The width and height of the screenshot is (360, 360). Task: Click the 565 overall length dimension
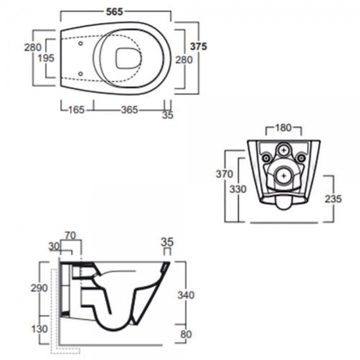pyautogui.click(x=115, y=12)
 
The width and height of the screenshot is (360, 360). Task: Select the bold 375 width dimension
pyautogui.click(x=199, y=47)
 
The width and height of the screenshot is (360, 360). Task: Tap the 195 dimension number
pyautogui.click(x=46, y=58)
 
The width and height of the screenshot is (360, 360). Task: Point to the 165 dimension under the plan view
pyautogui.click(x=76, y=110)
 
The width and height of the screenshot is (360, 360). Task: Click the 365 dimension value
pyautogui.click(x=130, y=110)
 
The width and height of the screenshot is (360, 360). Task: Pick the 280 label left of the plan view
pyautogui.click(x=33, y=47)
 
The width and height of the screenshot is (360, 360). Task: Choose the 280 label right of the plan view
pyautogui.click(x=184, y=60)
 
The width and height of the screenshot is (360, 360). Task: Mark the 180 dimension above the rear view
pyautogui.click(x=284, y=128)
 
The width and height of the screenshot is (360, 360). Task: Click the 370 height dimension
pyautogui.click(x=224, y=174)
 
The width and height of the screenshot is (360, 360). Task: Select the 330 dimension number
pyautogui.click(x=238, y=189)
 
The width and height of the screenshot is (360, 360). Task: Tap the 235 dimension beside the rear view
pyautogui.click(x=333, y=199)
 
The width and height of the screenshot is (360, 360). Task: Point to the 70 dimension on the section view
pyautogui.click(x=70, y=236)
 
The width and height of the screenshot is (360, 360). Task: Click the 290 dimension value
pyautogui.click(x=39, y=288)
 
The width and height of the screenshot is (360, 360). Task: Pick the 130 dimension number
pyautogui.click(x=39, y=329)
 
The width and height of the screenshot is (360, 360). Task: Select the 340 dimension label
pyautogui.click(x=186, y=295)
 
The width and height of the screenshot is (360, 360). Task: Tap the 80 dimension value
pyautogui.click(x=186, y=334)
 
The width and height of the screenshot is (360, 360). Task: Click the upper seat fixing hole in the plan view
pyautogui.click(x=80, y=43)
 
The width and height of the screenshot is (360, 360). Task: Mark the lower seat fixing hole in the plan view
pyautogui.click(x=80, y=74)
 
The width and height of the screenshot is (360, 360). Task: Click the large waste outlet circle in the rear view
pyautogui.click(x=284, y=176)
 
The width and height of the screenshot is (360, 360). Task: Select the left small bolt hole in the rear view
pyautogui.click(x=266, y=158)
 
